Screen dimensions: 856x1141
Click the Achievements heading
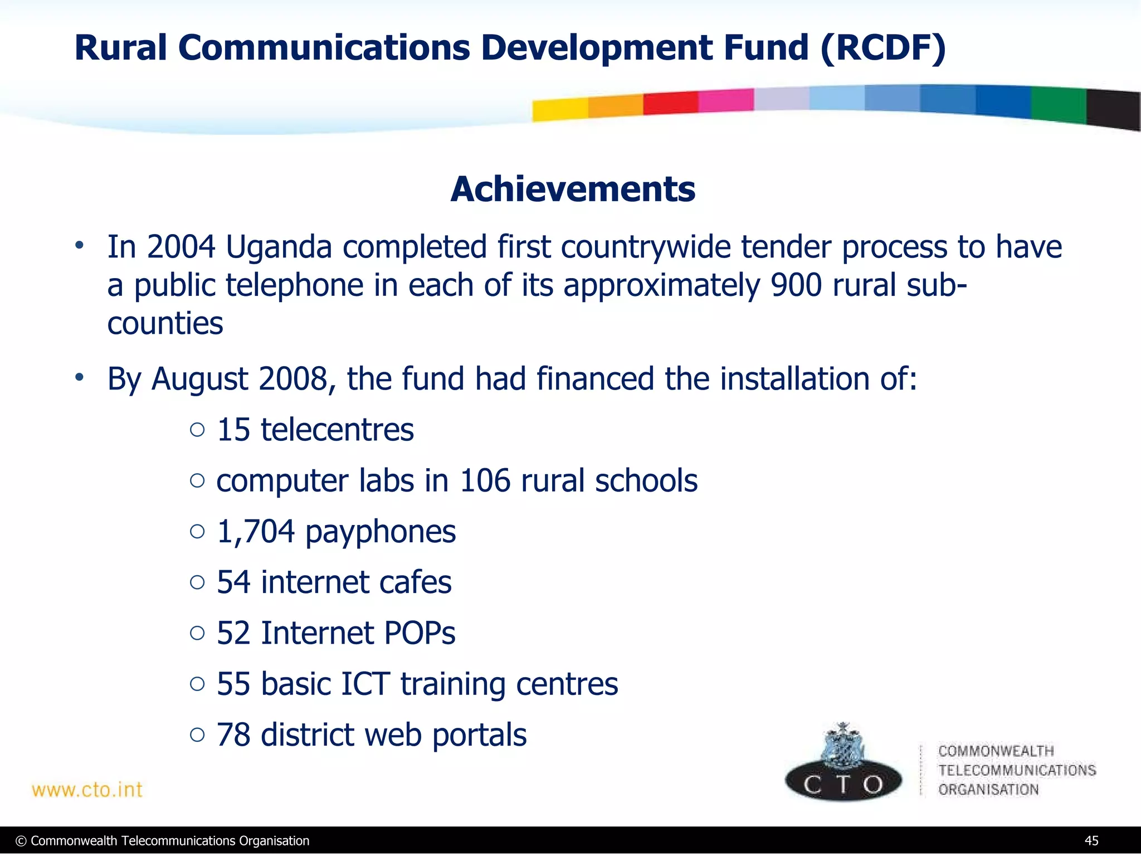(573, 189)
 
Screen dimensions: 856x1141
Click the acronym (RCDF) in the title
(882, 48)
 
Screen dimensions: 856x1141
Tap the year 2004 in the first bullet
(181, 247)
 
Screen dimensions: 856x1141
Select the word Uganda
(279, 248)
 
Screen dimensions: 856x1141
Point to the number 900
(796, 285)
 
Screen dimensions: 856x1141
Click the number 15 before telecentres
(233, 430)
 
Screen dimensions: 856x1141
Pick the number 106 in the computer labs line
(485, 480)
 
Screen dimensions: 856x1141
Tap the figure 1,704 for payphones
(255, 532)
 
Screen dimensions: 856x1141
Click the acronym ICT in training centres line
(365, 684)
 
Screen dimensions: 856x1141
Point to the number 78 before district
(233, 735)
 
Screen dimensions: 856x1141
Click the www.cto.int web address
(87, 790)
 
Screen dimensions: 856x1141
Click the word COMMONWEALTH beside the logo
(996, 751)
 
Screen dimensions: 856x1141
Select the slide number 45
(1091, 841)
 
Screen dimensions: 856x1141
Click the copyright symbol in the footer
(21, 841)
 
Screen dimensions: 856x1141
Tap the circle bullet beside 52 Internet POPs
(197, 633)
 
